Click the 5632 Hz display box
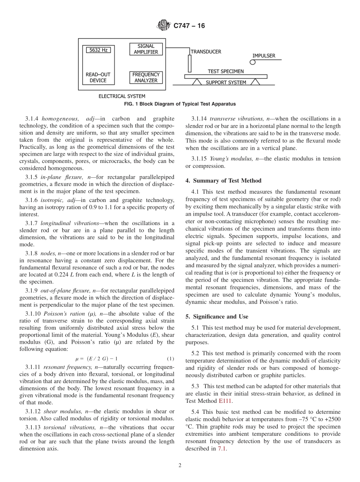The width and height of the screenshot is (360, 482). pos(98,50)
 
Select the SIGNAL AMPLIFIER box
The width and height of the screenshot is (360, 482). pos(146,49)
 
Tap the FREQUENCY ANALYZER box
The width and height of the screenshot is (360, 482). pos(146,77)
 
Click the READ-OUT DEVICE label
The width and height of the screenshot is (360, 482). pos(98,78)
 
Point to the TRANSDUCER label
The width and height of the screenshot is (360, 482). pos(206,52)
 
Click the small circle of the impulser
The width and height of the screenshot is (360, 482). pos(252,63)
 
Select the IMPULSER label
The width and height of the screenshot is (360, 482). pos(264,56)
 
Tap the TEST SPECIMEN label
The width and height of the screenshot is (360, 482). pos(225,71)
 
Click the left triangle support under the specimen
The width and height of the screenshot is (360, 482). pos(197,81)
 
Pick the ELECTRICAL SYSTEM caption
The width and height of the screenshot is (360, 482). pos(122,96)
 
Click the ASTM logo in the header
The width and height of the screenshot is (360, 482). pos(164,26)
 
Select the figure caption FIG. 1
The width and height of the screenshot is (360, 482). pos(180,104)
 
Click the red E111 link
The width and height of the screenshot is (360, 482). pos(225,401)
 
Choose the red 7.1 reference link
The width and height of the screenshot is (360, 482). pos(222,449)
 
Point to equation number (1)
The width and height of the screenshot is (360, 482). pos(171,358)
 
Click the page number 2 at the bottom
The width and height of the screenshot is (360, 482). pos(180,466)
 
